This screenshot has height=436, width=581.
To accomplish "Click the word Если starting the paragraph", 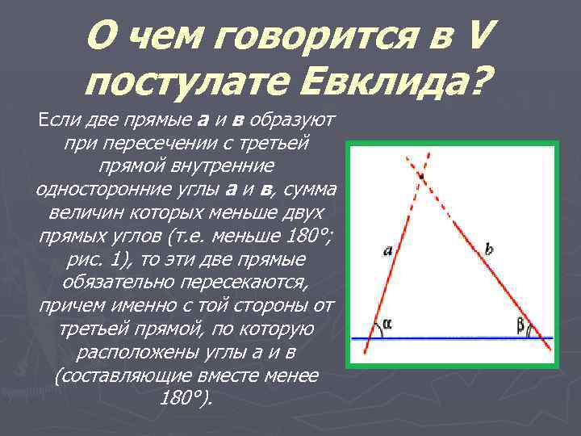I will (56, 122).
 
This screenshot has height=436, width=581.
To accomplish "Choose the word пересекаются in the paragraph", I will (249, 282).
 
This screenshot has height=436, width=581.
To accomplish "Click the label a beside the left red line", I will (388, 251).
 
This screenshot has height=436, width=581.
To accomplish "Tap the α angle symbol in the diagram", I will (388, 324).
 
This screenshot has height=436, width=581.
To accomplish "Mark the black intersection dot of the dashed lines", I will (420, 174).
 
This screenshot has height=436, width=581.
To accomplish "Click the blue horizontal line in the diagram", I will (452, 337).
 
